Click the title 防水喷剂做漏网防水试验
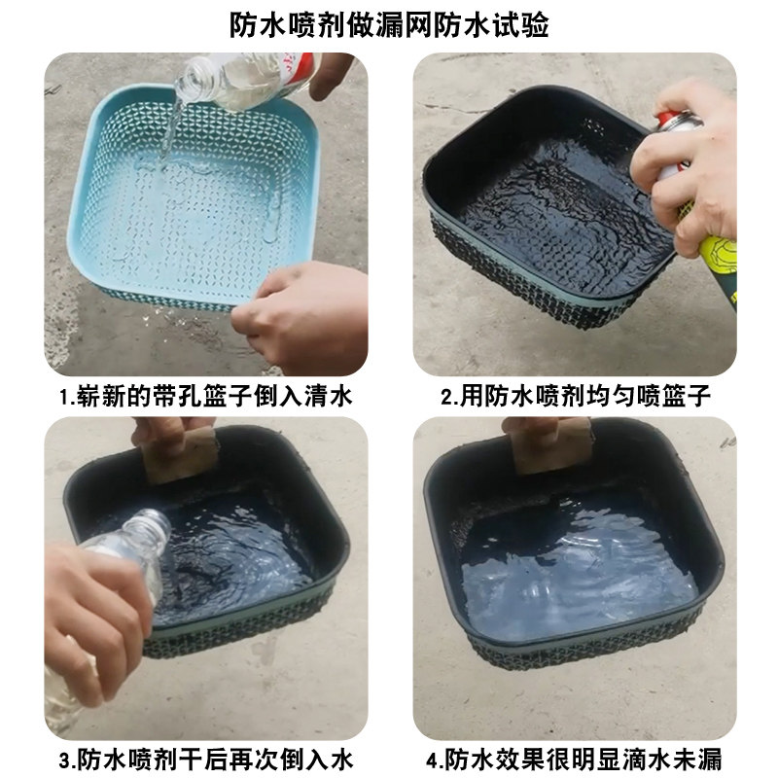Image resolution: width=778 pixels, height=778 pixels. [389, 24]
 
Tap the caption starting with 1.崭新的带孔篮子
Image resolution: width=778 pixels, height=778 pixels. [206, 397]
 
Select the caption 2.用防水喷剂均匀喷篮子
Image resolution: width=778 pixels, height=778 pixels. [576, 397]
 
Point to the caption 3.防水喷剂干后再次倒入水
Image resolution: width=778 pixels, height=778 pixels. [206, 760]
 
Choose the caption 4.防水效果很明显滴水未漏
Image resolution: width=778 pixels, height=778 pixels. [574, 760]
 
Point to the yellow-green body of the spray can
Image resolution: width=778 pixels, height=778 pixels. [719, 263]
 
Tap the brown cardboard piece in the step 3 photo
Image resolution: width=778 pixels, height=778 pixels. [180, 456]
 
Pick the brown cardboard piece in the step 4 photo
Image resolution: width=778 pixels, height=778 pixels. [553, 446]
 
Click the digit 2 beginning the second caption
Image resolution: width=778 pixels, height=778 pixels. [446, 398]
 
